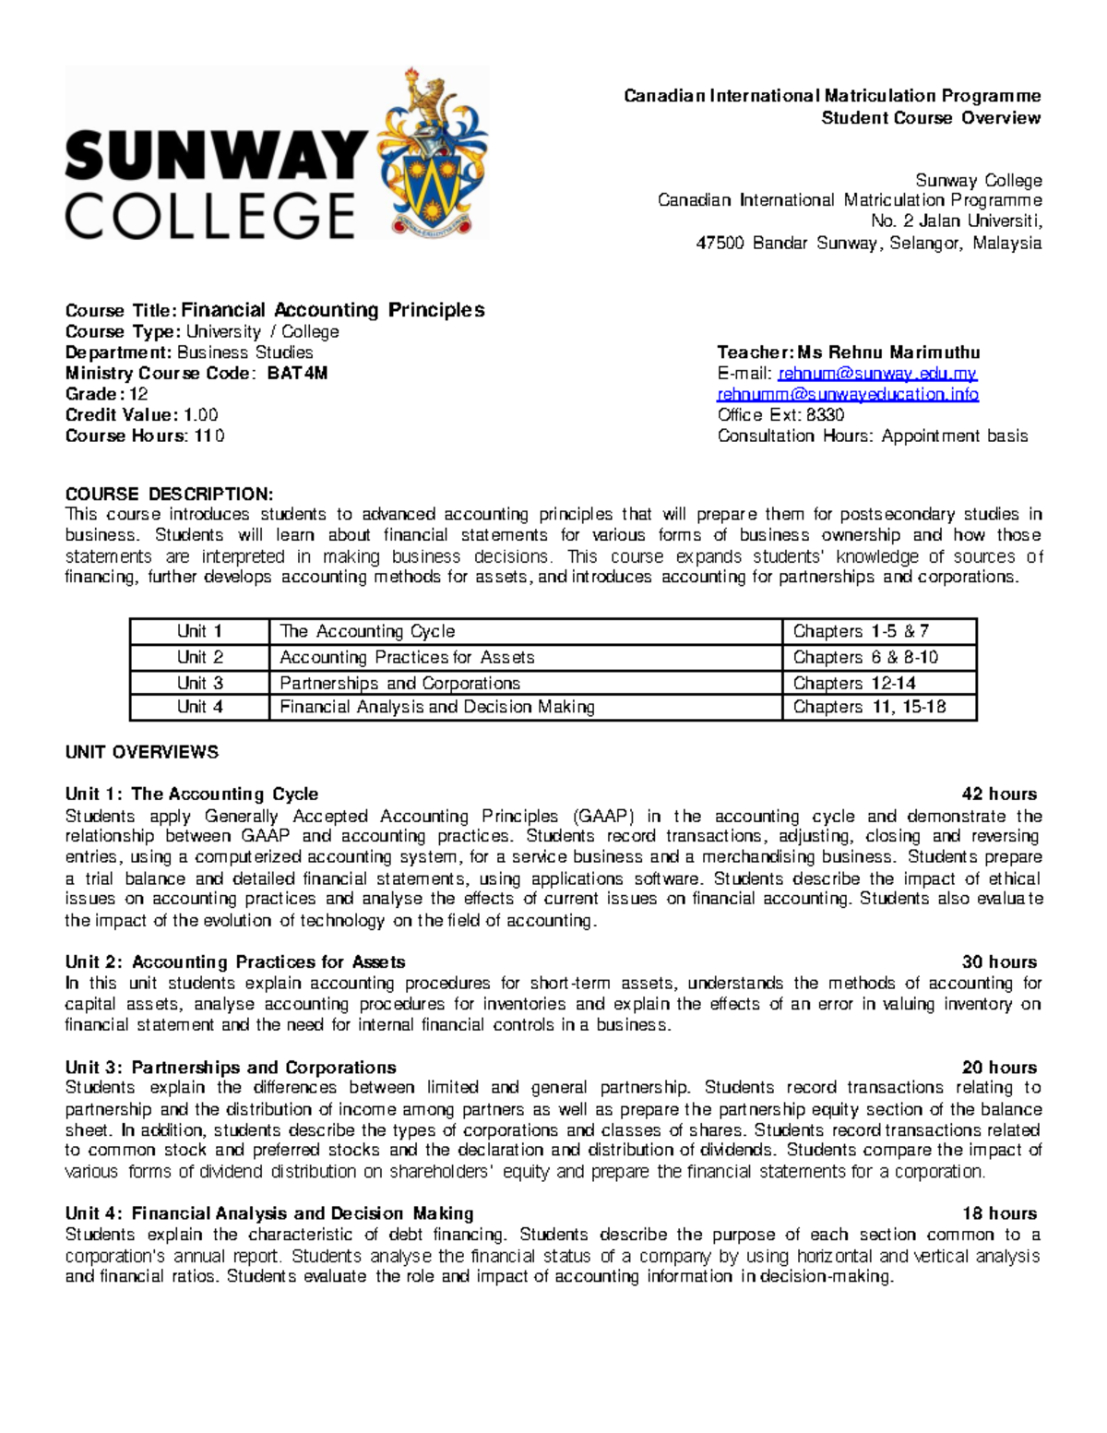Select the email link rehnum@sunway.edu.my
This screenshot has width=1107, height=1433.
pos(877,374)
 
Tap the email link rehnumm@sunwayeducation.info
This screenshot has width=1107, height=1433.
pos(848,395)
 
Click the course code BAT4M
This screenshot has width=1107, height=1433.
pos(297,374)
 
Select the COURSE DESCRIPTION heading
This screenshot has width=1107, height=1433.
pos(169,494)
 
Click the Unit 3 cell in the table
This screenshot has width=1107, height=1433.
pos(199,683)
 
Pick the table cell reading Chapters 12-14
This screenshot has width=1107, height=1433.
pos(854,683)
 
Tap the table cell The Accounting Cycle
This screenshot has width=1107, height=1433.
pos(367,631)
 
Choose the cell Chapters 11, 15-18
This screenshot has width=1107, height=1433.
pos(869,707)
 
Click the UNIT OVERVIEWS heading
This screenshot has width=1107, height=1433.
pos(141,752)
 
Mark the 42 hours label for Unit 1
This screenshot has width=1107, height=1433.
pos(999,794)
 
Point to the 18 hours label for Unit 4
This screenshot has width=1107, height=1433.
pos(999,1213)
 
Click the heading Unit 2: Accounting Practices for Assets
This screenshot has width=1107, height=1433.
pos(234,962)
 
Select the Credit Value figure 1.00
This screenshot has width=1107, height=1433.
pos(200,415)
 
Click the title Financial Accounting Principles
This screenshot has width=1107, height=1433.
pos(332,310)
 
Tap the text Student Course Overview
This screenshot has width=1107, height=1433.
pos(931,118)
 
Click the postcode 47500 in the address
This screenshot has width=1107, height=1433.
pos(719,244)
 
